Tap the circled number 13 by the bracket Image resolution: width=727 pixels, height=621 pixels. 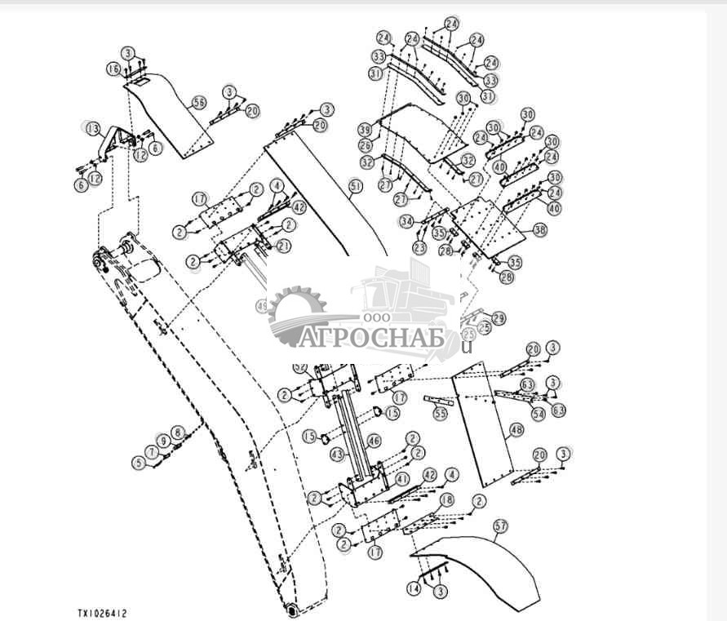click(x=92, y=129)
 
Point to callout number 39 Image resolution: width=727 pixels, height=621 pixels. click(x=364, y=131)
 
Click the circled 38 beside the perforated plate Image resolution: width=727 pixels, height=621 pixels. click(x=539, y=230)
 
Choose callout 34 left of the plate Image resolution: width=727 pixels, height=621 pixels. click(x=406, y=220)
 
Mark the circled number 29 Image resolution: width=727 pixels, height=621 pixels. click(x=498, y=318)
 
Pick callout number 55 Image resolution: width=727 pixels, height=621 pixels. click(x=441, y=415)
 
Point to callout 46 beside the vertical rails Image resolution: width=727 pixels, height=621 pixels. click(x=375, y=441)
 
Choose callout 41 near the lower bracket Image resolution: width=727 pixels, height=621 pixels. click(x=403, y=477)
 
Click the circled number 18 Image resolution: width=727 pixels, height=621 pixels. click(x=446, y=499)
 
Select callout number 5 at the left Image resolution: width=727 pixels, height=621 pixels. click(x=140, y=463)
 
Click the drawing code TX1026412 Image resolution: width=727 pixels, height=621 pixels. click(x=103, y=612)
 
